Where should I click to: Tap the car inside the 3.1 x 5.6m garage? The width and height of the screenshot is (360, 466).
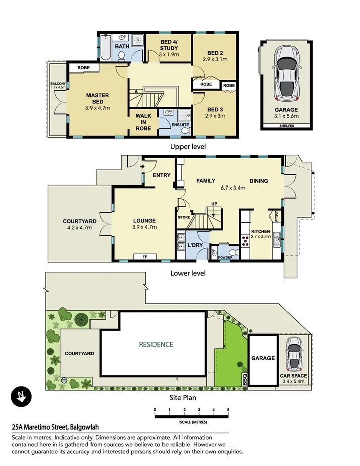(286, 73)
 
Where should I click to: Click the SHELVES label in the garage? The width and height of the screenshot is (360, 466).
(286, 127)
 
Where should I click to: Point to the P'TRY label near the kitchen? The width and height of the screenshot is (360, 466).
(276, 215)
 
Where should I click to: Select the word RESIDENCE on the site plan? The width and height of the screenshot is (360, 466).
(156, 344)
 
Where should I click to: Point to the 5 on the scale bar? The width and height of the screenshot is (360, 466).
(228, 410)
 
